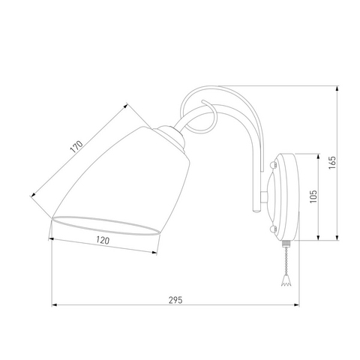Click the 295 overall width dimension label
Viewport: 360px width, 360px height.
tap(175, 300)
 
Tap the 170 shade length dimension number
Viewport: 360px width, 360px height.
tap(76, 147)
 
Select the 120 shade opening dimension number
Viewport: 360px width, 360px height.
tap(103, 240)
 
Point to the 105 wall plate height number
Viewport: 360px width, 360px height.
tap(313, 196)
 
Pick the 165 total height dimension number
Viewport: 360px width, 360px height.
tap(332, 163)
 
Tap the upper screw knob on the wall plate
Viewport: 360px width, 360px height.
tap(273, 165)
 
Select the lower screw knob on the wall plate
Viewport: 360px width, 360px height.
tap(273, 229)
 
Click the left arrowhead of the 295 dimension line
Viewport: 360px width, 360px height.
tap(54, 305)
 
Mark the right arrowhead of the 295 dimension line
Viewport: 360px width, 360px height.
tap(296, 305)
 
